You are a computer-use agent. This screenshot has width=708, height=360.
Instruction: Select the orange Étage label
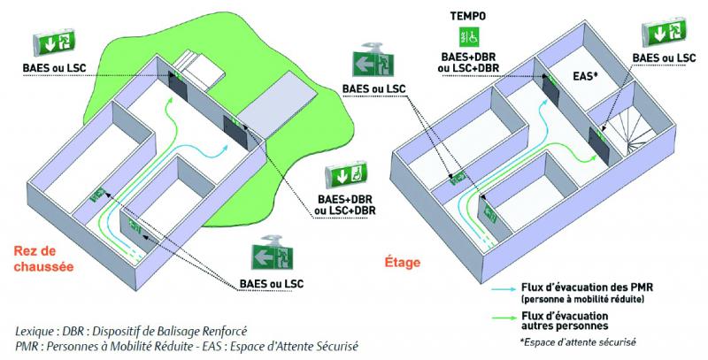click(403, 262)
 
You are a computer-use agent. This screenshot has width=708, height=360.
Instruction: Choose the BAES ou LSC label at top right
click(663, 57)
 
